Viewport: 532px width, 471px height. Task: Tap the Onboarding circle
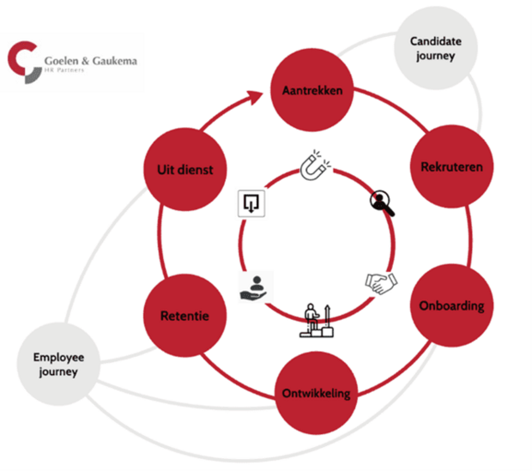pos(451,305)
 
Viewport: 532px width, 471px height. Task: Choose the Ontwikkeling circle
pos(317,393)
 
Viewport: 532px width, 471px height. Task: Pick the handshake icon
pos(378,282)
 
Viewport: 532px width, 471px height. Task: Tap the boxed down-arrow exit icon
pos(251,203)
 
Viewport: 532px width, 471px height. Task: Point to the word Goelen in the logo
pos(63,61)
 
